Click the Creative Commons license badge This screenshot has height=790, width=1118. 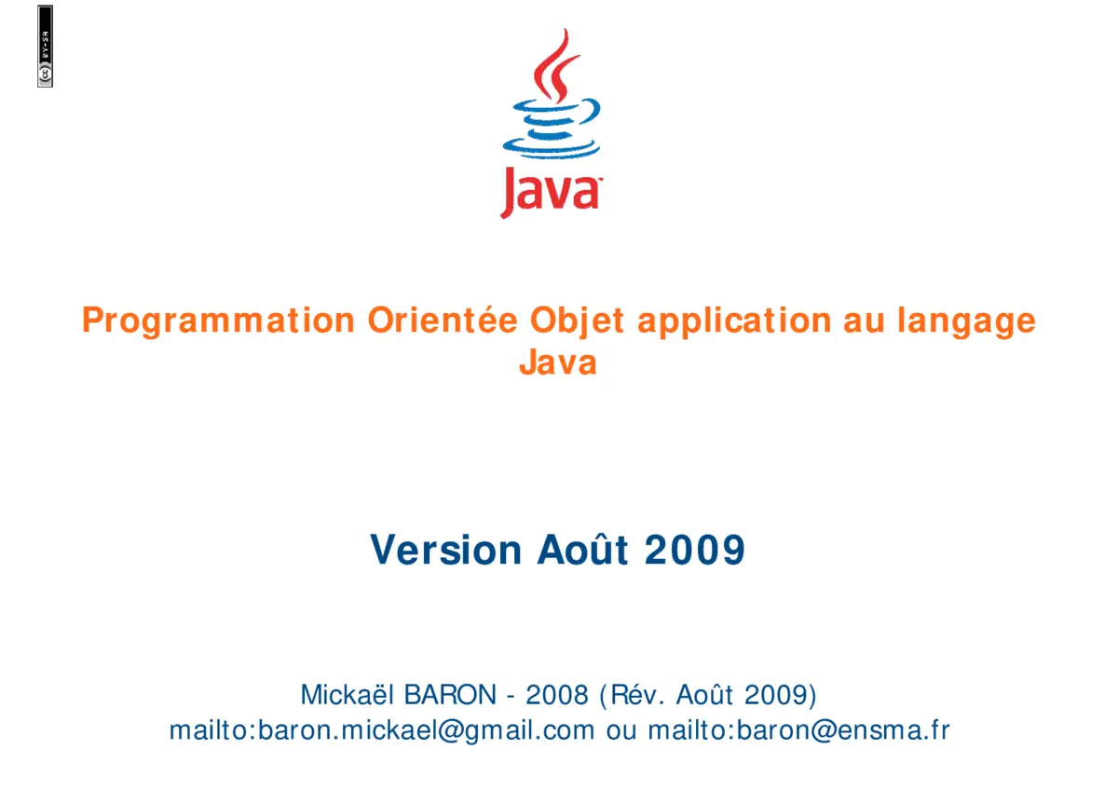click(x=45, y=47)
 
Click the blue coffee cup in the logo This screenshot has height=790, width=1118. click(x=550, y=129)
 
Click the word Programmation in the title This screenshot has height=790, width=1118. click(x=218, y=320)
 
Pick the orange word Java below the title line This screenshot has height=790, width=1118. click(x=558, y=361)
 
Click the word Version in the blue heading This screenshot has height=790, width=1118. click(x=446, y=550)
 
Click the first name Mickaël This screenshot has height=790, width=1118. click(x=348, y=695)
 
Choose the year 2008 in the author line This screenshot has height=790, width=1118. click(x=557, y=695)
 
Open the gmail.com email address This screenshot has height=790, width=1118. click(x=381, y=730)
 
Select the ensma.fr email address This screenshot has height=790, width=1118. click(x=798, y=730)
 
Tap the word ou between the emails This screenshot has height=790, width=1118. click(x=620, y=730)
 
